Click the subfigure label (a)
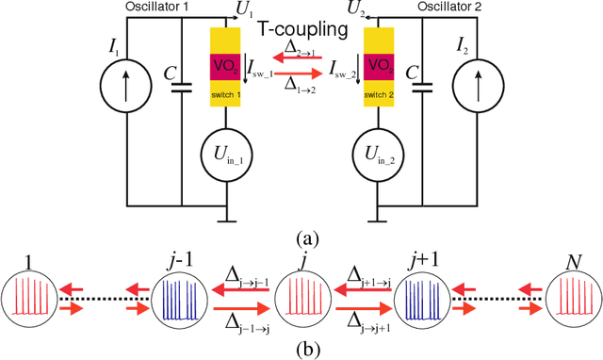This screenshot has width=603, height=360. [x=301, y=237]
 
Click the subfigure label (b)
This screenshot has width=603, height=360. [x=301, y=351]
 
